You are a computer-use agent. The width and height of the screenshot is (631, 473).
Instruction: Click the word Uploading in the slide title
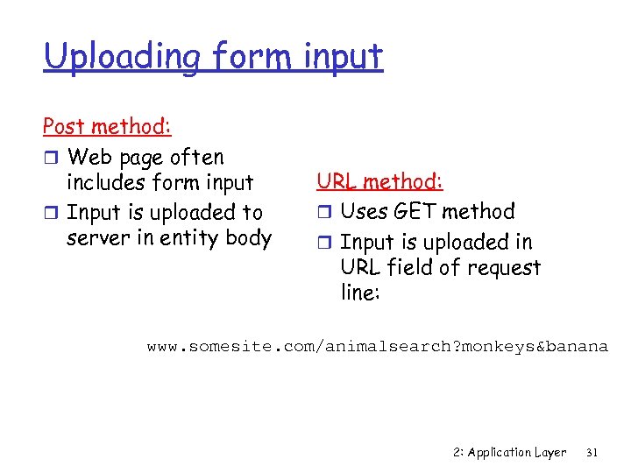pos(103,57)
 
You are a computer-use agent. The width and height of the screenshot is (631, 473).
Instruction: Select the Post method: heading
pos(107,126)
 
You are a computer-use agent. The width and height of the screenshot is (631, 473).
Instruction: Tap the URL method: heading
pos(379,181)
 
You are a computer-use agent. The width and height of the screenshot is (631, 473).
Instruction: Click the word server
pos(98,238)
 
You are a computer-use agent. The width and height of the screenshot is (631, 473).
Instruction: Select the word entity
pos(192,238)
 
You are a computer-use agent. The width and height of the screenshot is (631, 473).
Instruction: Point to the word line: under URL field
pos(360,293)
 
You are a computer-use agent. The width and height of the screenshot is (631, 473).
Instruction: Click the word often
pos(196,158)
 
